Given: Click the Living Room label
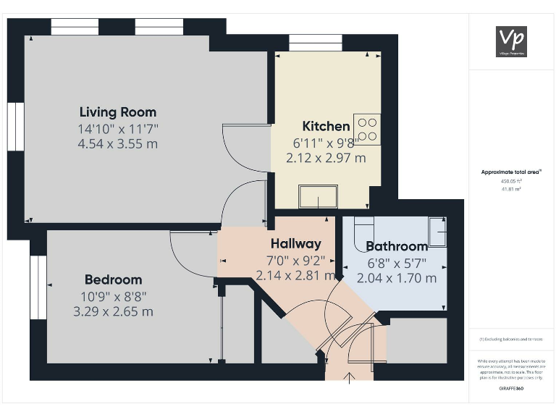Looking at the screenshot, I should (118, 112).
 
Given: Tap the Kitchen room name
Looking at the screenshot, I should (326, 126).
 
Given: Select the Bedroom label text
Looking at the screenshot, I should (113, 279).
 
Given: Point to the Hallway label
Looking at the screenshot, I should (295, 243).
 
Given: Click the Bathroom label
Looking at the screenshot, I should (397, 246).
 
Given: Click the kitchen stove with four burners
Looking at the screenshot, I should (367, 129).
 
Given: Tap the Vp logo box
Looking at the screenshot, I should (511, 41).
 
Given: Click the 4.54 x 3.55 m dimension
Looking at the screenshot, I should (118, 143).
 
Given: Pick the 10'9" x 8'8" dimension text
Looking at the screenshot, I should (113, 296).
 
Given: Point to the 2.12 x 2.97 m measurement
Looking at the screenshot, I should (326, 157).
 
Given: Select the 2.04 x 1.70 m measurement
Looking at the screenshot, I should (397, 278).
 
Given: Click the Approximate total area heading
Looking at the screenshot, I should (511, 172).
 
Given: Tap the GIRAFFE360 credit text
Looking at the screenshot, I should (511, 389).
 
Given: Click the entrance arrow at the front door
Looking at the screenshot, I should (350, 376).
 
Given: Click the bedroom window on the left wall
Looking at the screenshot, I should (38, 287).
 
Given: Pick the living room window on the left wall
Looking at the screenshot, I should (15, 126).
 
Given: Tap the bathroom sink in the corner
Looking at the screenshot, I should (437, 231).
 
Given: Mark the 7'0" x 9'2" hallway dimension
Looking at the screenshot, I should (295, 260).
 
